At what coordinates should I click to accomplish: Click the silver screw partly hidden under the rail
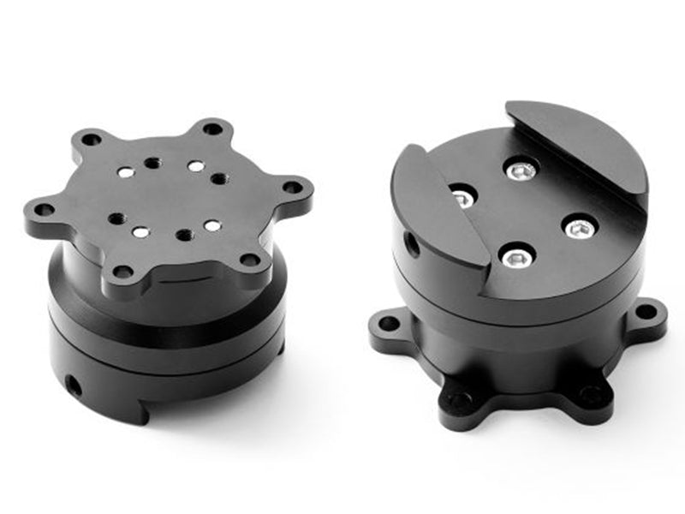click(462, 198)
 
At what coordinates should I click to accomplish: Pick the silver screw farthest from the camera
click(521, 171)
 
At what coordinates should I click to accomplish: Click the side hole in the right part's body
click(413, 247)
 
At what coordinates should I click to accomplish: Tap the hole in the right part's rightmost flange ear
click(646, 310)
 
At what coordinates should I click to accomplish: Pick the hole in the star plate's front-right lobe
click(249, 258)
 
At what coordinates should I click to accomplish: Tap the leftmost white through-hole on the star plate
click(126, 174)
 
